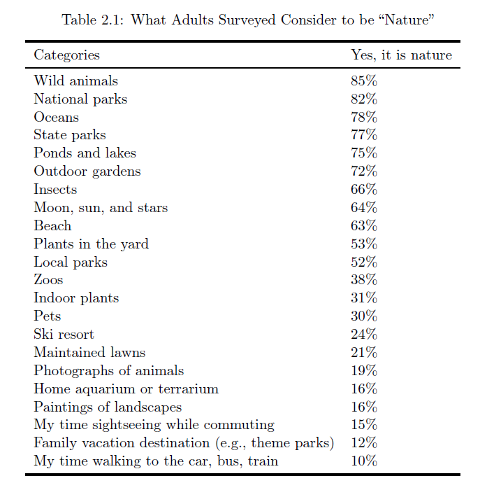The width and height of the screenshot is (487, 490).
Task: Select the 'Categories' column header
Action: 66,55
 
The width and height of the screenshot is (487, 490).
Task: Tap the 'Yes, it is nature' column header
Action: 401,55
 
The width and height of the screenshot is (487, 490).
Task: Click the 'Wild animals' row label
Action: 75,81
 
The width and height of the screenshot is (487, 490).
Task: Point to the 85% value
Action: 363,81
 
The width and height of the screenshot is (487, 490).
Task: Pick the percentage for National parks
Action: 363,99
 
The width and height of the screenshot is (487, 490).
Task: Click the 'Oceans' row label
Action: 56,118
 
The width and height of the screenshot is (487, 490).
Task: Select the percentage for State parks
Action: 363,135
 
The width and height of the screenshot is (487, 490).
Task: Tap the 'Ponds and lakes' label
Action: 85,153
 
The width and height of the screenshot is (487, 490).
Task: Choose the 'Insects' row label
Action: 55,190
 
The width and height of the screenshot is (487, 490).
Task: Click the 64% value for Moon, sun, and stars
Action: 363,208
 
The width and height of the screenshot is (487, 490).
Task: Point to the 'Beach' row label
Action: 52,226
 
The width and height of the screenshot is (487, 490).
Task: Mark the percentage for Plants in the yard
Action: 363,244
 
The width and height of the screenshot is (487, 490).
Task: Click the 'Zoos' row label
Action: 48,280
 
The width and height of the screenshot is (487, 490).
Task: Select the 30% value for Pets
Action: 363,316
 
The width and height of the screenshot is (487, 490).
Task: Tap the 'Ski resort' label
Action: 64,335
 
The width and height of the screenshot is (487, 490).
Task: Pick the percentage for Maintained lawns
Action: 363,353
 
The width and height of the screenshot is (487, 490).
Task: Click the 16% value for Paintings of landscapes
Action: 363,407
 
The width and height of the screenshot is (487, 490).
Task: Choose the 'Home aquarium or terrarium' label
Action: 126,389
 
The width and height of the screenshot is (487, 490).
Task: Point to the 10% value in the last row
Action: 363,461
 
